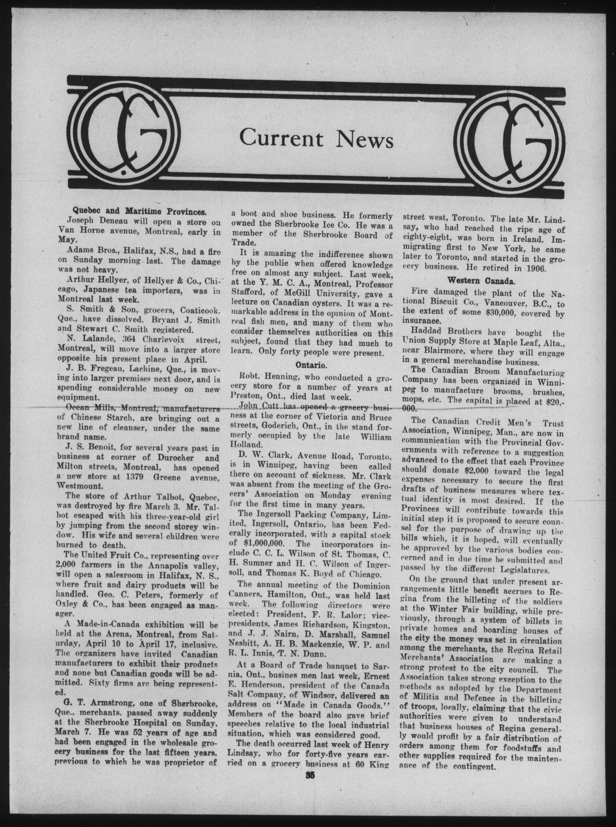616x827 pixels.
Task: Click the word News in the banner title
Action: click(365, 139)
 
